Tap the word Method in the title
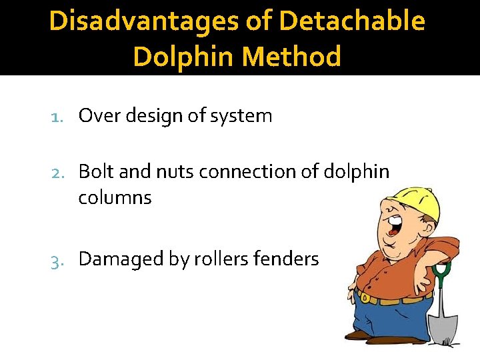point(292,57)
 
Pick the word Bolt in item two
point(95,172)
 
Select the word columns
point(115,198)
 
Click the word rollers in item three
point(217,259)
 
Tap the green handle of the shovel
point(441,273)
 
